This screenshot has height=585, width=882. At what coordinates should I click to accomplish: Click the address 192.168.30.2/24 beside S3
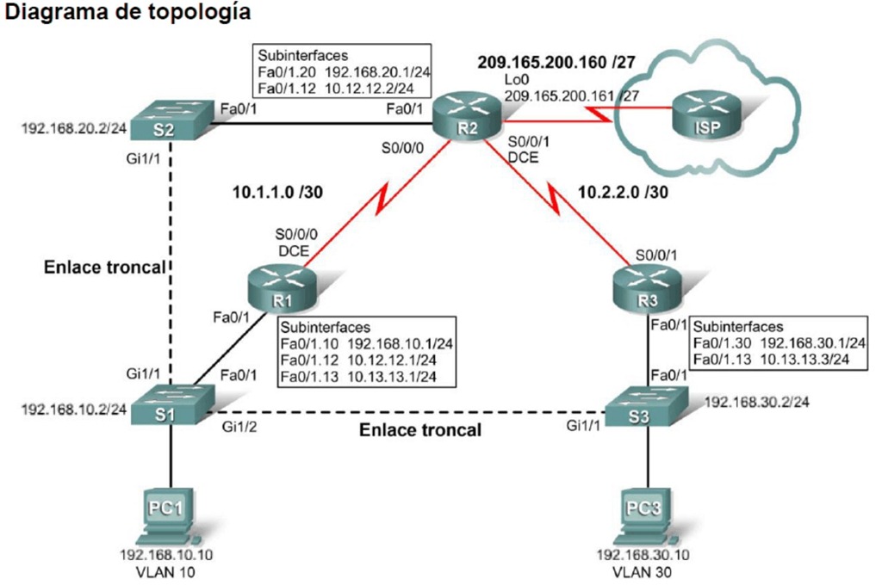(750, 401)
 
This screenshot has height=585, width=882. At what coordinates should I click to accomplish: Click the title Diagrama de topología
(128, 14)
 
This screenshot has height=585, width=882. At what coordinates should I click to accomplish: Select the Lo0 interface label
(515, 79)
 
